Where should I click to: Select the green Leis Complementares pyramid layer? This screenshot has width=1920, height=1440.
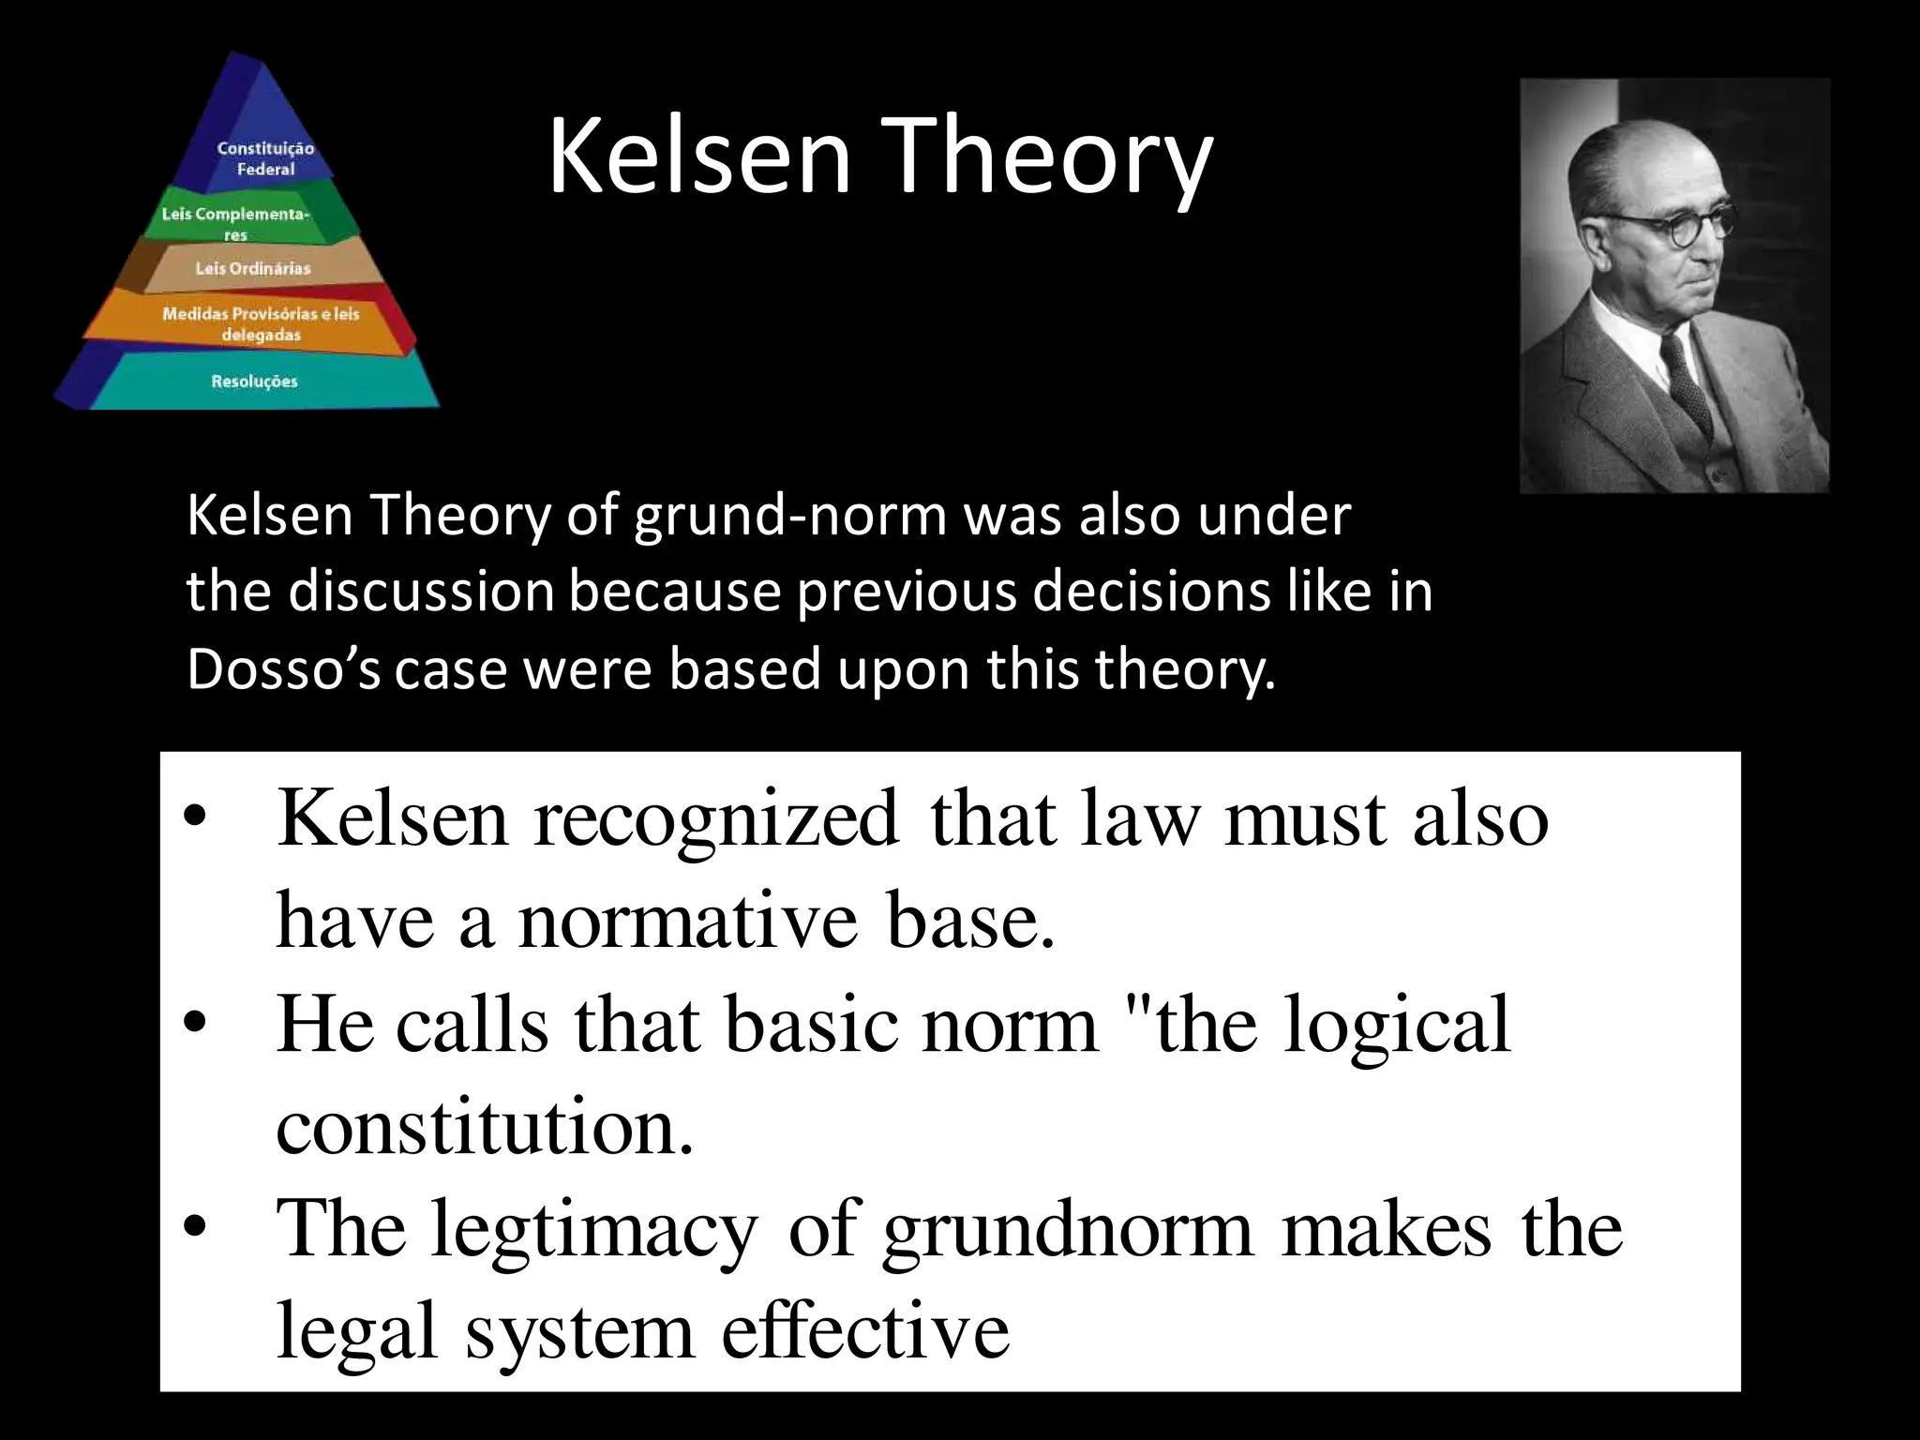pos(236,219)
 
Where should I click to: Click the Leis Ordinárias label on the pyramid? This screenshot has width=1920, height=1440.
pos(252,269)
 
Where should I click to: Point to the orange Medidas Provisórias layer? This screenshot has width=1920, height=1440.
pos(260,323)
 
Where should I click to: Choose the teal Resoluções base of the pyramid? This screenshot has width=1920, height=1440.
pos(254,382)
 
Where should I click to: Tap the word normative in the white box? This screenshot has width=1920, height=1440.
pos(687,922)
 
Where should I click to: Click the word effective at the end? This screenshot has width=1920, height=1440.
pos(865,1331)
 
